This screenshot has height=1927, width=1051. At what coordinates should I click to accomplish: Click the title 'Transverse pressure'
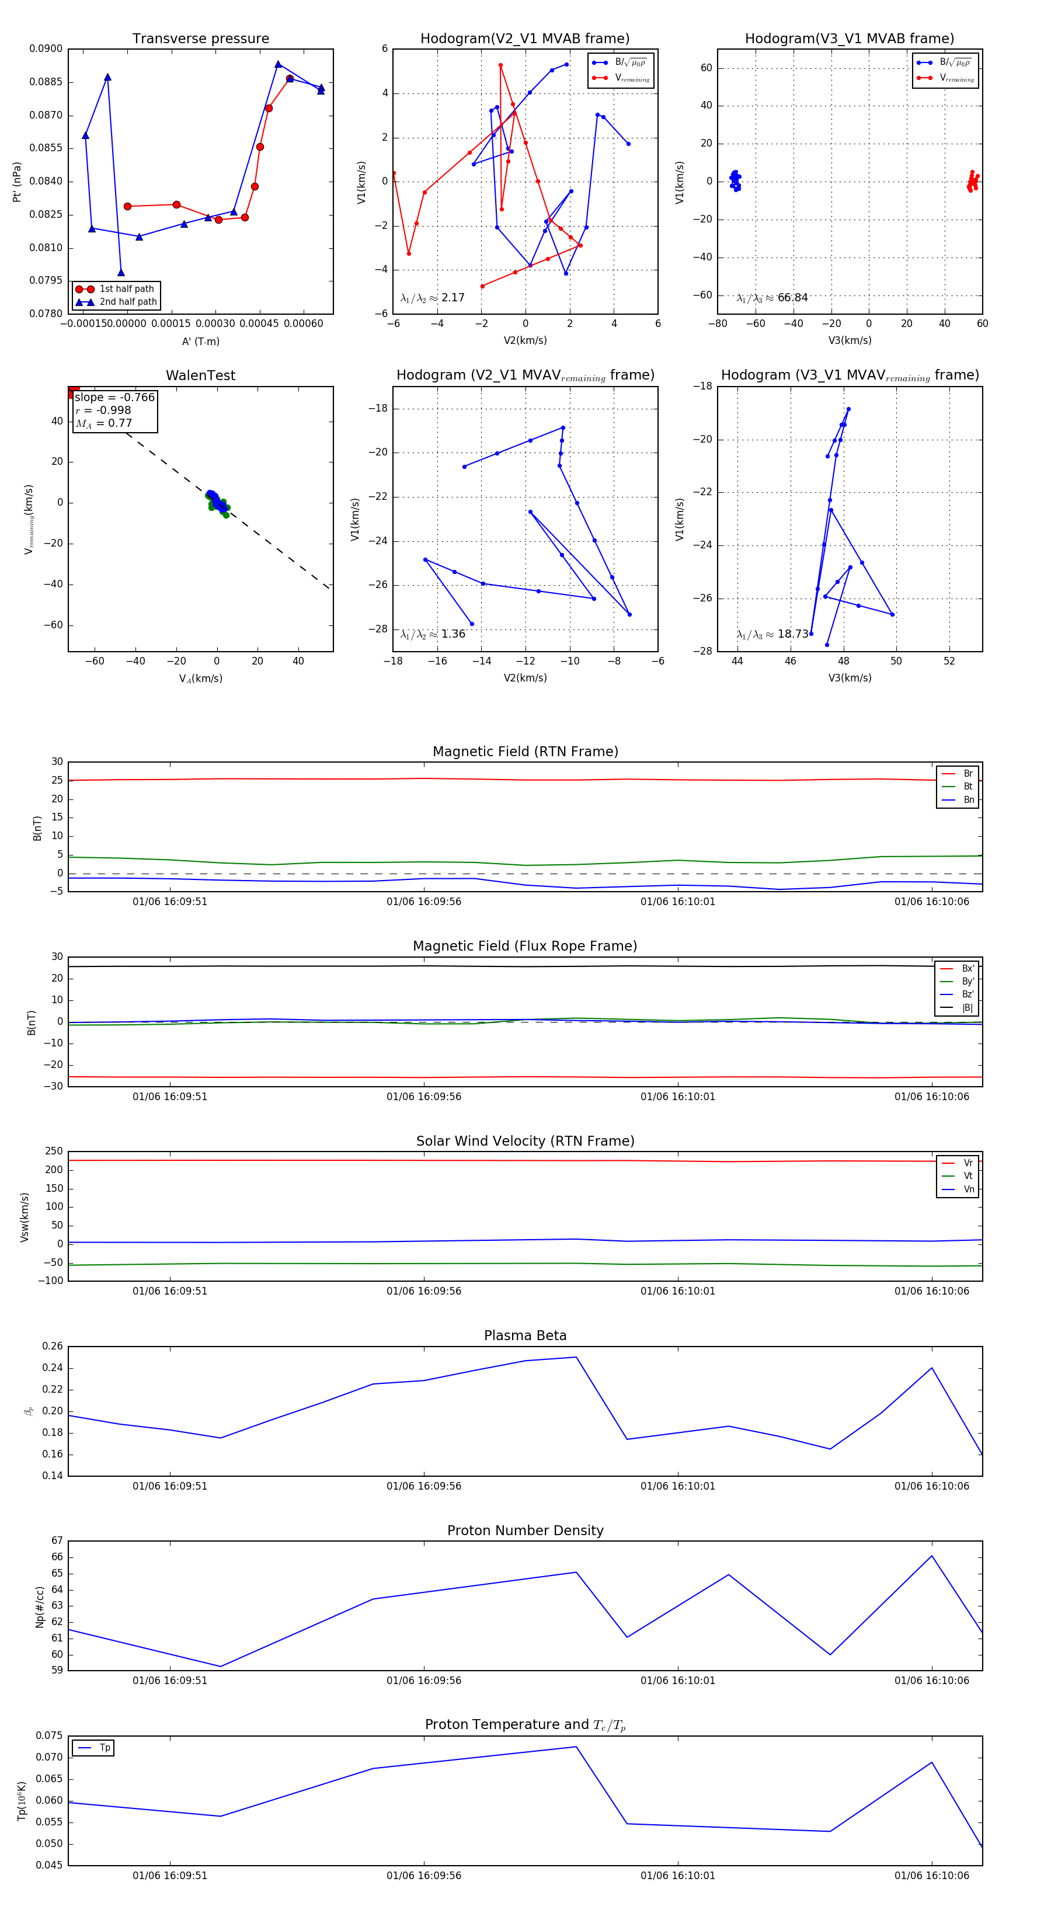coord(200,39)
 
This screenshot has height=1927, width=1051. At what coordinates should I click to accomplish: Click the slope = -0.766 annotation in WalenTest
coord(114,397)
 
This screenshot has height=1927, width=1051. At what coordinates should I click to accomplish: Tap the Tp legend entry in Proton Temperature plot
coord(104,1748)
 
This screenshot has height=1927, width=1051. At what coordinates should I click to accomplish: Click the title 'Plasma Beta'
coord(525,1335)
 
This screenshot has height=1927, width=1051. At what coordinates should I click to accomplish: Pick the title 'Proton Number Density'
coord(525,1531)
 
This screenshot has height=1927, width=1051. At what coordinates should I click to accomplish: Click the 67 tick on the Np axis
coord(58,1541)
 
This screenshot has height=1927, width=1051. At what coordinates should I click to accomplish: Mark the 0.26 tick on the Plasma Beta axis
coord(53,1346)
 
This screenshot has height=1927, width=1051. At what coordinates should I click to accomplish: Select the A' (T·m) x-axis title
coord(200,341)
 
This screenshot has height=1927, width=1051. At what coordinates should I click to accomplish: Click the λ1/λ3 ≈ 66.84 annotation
coord(772,298)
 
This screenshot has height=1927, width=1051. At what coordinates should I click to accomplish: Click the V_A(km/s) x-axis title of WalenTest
coord(200,679)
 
